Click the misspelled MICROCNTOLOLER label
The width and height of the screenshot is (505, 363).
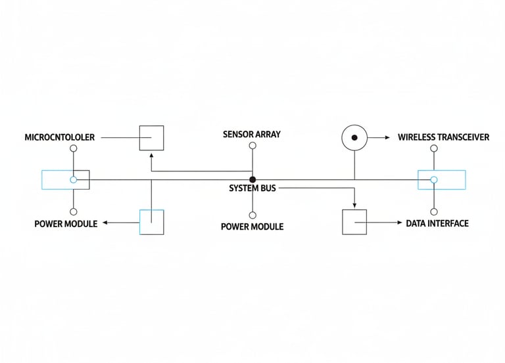(60, 138)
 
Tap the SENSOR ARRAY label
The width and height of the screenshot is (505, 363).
(252, 135)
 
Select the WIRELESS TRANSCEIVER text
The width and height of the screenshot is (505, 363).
(443, 138)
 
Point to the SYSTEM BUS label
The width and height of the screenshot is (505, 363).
(252, 188)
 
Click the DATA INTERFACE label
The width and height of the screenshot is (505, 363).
(437, 224)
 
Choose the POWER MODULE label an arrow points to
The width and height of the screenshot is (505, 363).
(66, 224)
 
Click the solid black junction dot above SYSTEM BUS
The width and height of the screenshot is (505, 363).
(252, 179)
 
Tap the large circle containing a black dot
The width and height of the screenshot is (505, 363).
(354, 138)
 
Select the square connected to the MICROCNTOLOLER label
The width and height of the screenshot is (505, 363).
(151, 138)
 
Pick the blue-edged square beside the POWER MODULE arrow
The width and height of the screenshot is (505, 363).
(151, 222)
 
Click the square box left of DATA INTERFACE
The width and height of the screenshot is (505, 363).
(354, 222)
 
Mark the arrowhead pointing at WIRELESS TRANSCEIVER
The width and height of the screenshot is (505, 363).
(385, 138)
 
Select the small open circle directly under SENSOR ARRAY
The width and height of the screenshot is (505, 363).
(252, 149)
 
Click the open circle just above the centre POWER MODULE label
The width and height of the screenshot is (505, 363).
(252, 215)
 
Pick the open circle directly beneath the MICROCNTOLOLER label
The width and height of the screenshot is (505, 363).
(74, 149)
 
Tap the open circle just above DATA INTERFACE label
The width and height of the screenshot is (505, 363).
(434, 211)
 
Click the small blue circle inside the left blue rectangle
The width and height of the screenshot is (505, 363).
(74, 179)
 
